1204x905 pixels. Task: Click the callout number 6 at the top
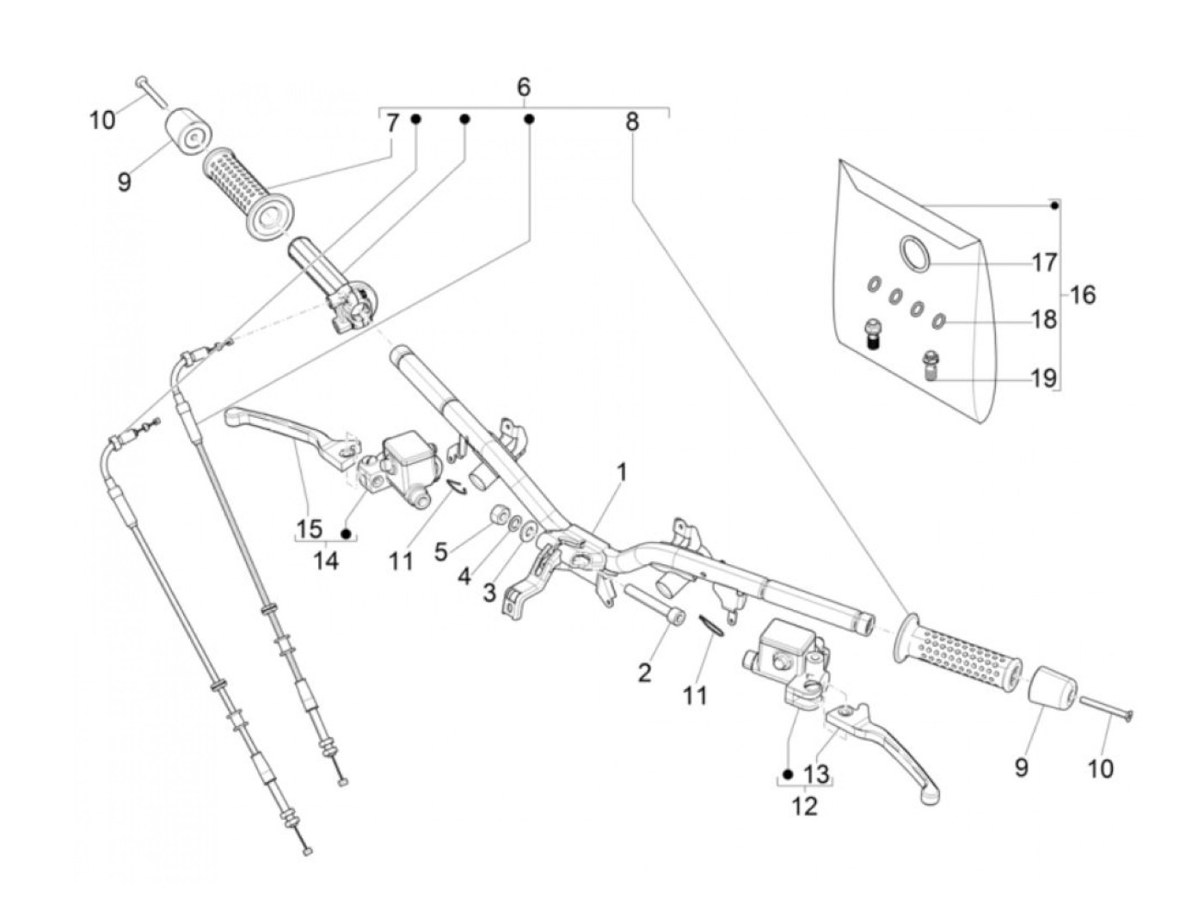(524, 87)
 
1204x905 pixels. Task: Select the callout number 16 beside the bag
(1083, 295)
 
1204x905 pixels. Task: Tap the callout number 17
(1044, 262)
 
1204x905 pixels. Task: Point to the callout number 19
(1043, 378)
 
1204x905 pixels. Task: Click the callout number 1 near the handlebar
(621, 472)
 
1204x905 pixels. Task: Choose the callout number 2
(645, 672)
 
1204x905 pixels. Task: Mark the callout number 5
(440, 551)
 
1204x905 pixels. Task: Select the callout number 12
(805, 806)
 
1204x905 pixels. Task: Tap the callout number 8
(632, 122)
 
